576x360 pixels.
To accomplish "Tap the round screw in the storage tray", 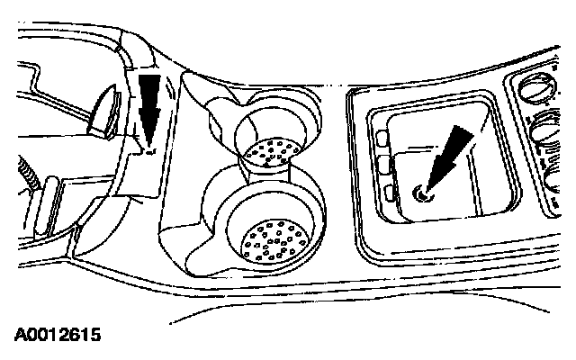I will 421,191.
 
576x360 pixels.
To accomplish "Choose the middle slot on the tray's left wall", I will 387,165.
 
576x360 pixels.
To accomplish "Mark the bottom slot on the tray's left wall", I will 389,191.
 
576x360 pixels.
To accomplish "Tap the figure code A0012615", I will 57,336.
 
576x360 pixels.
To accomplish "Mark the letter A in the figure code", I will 19,336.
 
